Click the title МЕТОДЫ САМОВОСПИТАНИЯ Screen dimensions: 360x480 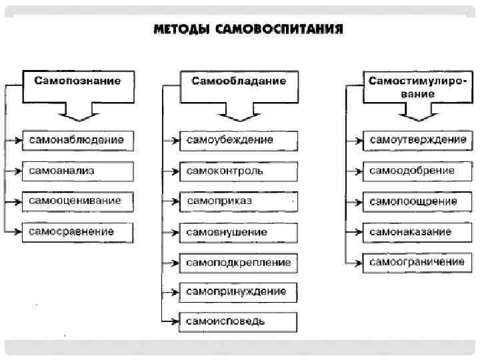pyautogui.click(x=249, y=30)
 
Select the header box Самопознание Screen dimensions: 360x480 pyautogui.click(x=78, y=81)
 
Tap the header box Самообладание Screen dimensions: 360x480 pyautogui.click(x=239, y=81)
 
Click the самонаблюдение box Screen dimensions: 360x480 pyautogui.click(x=77, y=140)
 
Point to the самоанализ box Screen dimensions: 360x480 pyautogui.click(x=77, y=171)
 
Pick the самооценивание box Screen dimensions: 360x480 pyautogui.click(x=77, y=201)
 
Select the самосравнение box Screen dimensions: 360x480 pyautogui.click(x=77, y=231)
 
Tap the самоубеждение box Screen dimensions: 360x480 pyautogui.click(x=239, y=141)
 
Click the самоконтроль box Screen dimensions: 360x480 pyautogui.click(x=239, y=171)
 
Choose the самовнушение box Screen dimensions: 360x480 pyautogui.click(x=239, y=232)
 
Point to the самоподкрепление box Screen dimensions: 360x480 pyautogui.click(x=239, y=262)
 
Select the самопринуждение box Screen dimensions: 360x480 pyautogui.click(x=239, y=292)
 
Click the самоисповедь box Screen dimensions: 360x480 pyautogui.click(x=239, y=321)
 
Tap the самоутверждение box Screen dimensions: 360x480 pyautogui.click(x=417, y=140)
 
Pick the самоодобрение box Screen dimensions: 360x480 pyautogui.click(x=417, y=171)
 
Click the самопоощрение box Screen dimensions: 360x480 pyautogui.click(x=417, y=201)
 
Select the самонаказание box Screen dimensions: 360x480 pyautogui.click(x=417, y=231)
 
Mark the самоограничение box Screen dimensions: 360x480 pyautogui.click(x=417, y=261)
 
